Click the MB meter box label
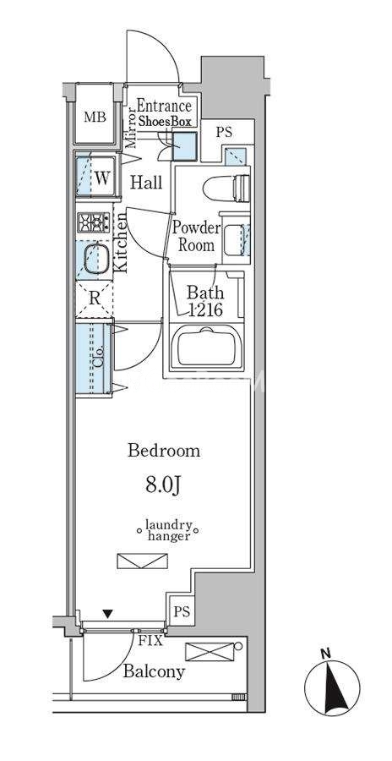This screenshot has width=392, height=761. tap(95, 117)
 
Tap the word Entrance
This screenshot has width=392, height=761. tap(164, 106)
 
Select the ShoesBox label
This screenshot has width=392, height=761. tap(165, 122)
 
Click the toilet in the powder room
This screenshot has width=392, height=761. tap(226, 188)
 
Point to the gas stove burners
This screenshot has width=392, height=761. tap(94, 222)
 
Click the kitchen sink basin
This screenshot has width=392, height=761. tap(96, 260)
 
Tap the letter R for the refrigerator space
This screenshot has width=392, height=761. tap(95, 298)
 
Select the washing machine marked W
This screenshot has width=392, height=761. tap(96, 176)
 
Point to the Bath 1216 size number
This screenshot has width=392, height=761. tap(205, 309)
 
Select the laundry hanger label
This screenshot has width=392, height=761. tap(169, 530)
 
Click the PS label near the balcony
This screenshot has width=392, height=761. tap(182, 611)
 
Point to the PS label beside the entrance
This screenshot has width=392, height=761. tap(224, 132)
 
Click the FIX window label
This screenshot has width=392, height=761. tap(151, 641)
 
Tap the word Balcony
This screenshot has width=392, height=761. tap(154, 671)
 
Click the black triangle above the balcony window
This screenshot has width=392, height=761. tap(108, 614)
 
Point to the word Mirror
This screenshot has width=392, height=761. tap(129, 129)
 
